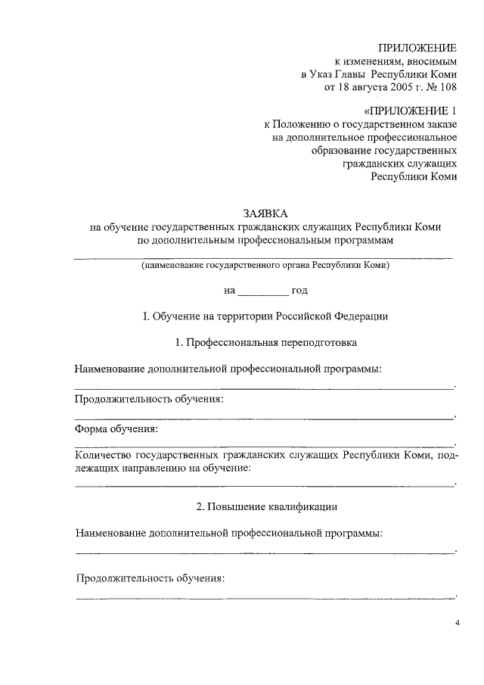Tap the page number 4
(x=457, y=623)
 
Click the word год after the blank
(x=299, y=291)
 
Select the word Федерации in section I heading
(x=358, y=316)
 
